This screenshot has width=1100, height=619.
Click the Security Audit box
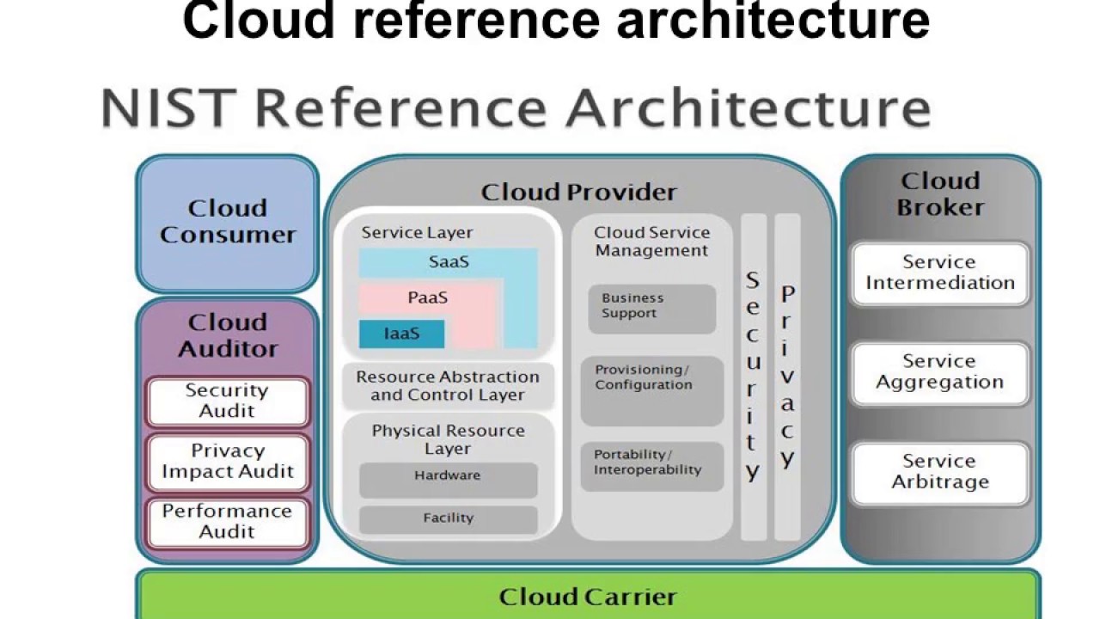(227, 401)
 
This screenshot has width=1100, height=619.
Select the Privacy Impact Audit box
(227, 462)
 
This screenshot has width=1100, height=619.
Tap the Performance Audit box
(227, 522)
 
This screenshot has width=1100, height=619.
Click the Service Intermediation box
(939, 273)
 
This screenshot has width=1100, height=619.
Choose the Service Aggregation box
(939, 372)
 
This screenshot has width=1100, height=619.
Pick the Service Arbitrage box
(939, 472)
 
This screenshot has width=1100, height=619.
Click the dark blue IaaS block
(401, 334)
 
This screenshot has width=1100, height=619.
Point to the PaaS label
(427, 298)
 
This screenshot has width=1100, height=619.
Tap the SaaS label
(449, 262)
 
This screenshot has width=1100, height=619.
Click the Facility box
(448, 518)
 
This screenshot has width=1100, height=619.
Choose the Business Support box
(651, 308)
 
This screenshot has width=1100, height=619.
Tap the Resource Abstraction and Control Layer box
(448, 386)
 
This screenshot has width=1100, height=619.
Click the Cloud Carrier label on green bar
(588, 597)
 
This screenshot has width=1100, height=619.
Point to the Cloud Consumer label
(227, 222)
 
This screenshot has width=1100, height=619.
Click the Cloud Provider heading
(578, 192)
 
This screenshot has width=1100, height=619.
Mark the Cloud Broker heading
(939, 194)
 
